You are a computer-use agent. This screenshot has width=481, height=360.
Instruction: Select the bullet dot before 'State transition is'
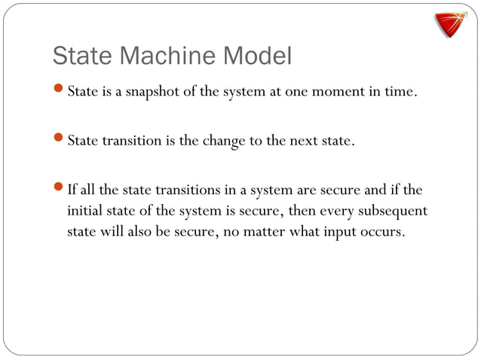[60, 140]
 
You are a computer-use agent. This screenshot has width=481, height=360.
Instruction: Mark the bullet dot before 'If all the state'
[60, 188]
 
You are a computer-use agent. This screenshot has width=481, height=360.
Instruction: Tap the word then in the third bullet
[305, 210]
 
